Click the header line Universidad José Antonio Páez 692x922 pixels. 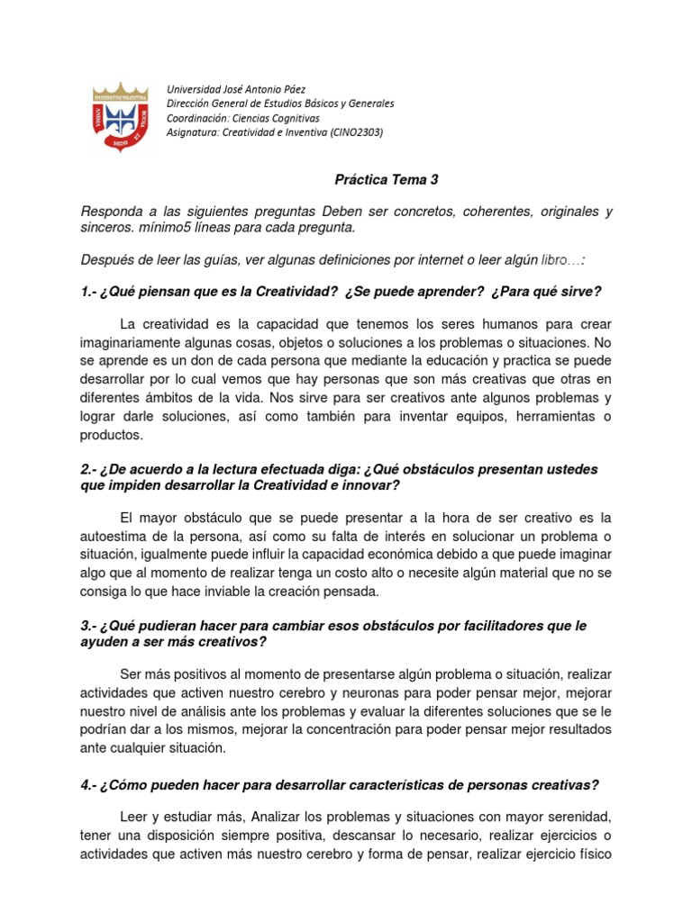[236, 89]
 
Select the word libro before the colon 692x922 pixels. [556, 260]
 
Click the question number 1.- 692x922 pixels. [90, 292]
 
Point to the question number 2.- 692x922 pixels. [90, 470]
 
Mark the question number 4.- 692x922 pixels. [90, 785]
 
